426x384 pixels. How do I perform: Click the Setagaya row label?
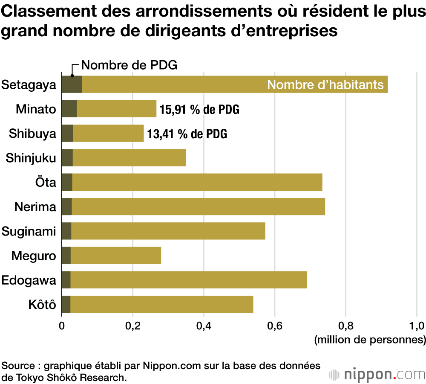(29, 84)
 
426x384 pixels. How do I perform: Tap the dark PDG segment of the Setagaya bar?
(72, 84)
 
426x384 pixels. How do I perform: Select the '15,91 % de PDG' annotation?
(199, 109)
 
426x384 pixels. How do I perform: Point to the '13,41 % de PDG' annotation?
(187, 134)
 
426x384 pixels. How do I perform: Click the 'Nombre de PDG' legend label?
(129, 65)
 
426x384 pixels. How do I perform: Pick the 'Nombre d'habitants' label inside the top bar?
(325, 84)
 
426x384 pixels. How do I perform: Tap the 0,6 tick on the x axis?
(275, 327)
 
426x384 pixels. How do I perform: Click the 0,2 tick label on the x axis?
(133, 327)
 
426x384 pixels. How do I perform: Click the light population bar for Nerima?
(198, 207)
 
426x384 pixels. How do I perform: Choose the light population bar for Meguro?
(116, 256)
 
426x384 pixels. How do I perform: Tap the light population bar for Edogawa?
(188, 280)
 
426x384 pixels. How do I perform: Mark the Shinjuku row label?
(31, 158)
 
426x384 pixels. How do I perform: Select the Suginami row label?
(29, 232)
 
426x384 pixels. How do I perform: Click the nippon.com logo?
(377, 374)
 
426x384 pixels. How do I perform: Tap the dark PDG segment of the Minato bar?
(69, 109)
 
